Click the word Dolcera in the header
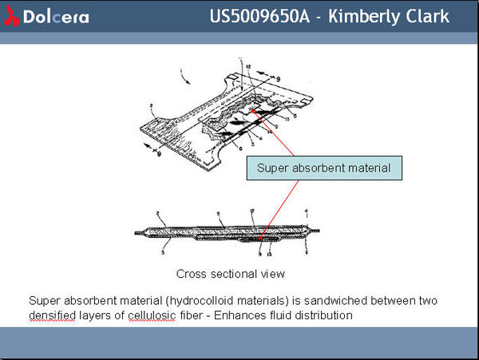point(56,17)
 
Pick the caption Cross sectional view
point(230,274)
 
